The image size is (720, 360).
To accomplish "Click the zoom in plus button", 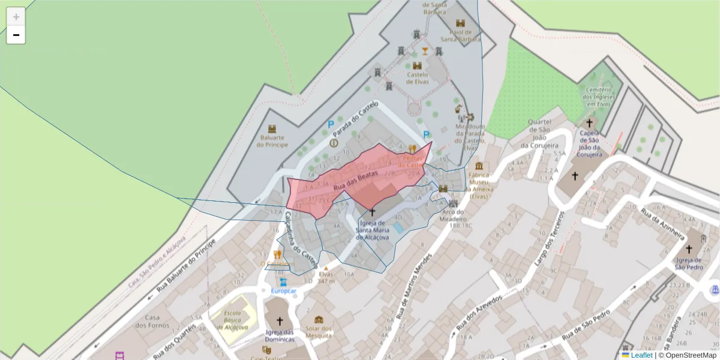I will tap(16, 17).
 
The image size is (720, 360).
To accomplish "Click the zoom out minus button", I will tap(16, 35).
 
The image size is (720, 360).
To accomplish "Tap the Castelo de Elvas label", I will tap(418, 78).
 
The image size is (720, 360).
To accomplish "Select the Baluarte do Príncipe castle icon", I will tap(272, 129).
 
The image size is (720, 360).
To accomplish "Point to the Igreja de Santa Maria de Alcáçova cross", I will tap(371, 212).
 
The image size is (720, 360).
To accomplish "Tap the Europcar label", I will tap(283, 291).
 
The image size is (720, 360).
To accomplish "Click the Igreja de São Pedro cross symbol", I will tap(689, 248).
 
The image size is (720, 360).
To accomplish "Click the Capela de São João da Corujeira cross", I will tap(590, 122).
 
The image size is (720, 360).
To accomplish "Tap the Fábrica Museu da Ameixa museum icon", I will tap(479, 166).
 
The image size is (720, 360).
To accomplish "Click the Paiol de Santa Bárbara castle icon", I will tap(460, 23).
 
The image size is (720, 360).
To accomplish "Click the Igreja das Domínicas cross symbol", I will tap(280, 321).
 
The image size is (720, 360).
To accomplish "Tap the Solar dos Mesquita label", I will tap(319, 332).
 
